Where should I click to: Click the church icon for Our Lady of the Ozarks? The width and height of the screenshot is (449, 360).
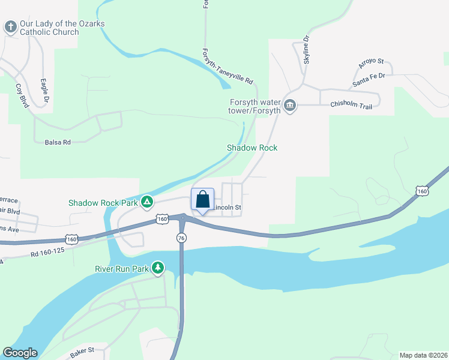point(10,27)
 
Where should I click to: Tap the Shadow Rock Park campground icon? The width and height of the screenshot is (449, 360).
point(146,202)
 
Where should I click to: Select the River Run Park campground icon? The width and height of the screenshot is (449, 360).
point(158,267)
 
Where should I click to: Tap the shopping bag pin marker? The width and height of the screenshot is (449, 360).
point(202,199)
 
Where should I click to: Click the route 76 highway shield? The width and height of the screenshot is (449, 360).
point(181,238)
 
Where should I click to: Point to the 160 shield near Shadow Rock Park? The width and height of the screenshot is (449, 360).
point(162,220)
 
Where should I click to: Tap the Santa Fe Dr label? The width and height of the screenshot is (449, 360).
point(369,80)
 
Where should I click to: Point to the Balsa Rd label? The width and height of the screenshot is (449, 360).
point(58,142)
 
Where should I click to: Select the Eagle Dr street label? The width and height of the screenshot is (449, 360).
point(44,92)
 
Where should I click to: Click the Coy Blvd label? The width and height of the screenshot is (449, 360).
point(22,94)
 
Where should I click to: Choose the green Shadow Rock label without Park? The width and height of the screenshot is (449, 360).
point(252,148)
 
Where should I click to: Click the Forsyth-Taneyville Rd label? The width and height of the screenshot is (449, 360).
point(228,66)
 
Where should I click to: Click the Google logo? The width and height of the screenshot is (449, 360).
point(20,353)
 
